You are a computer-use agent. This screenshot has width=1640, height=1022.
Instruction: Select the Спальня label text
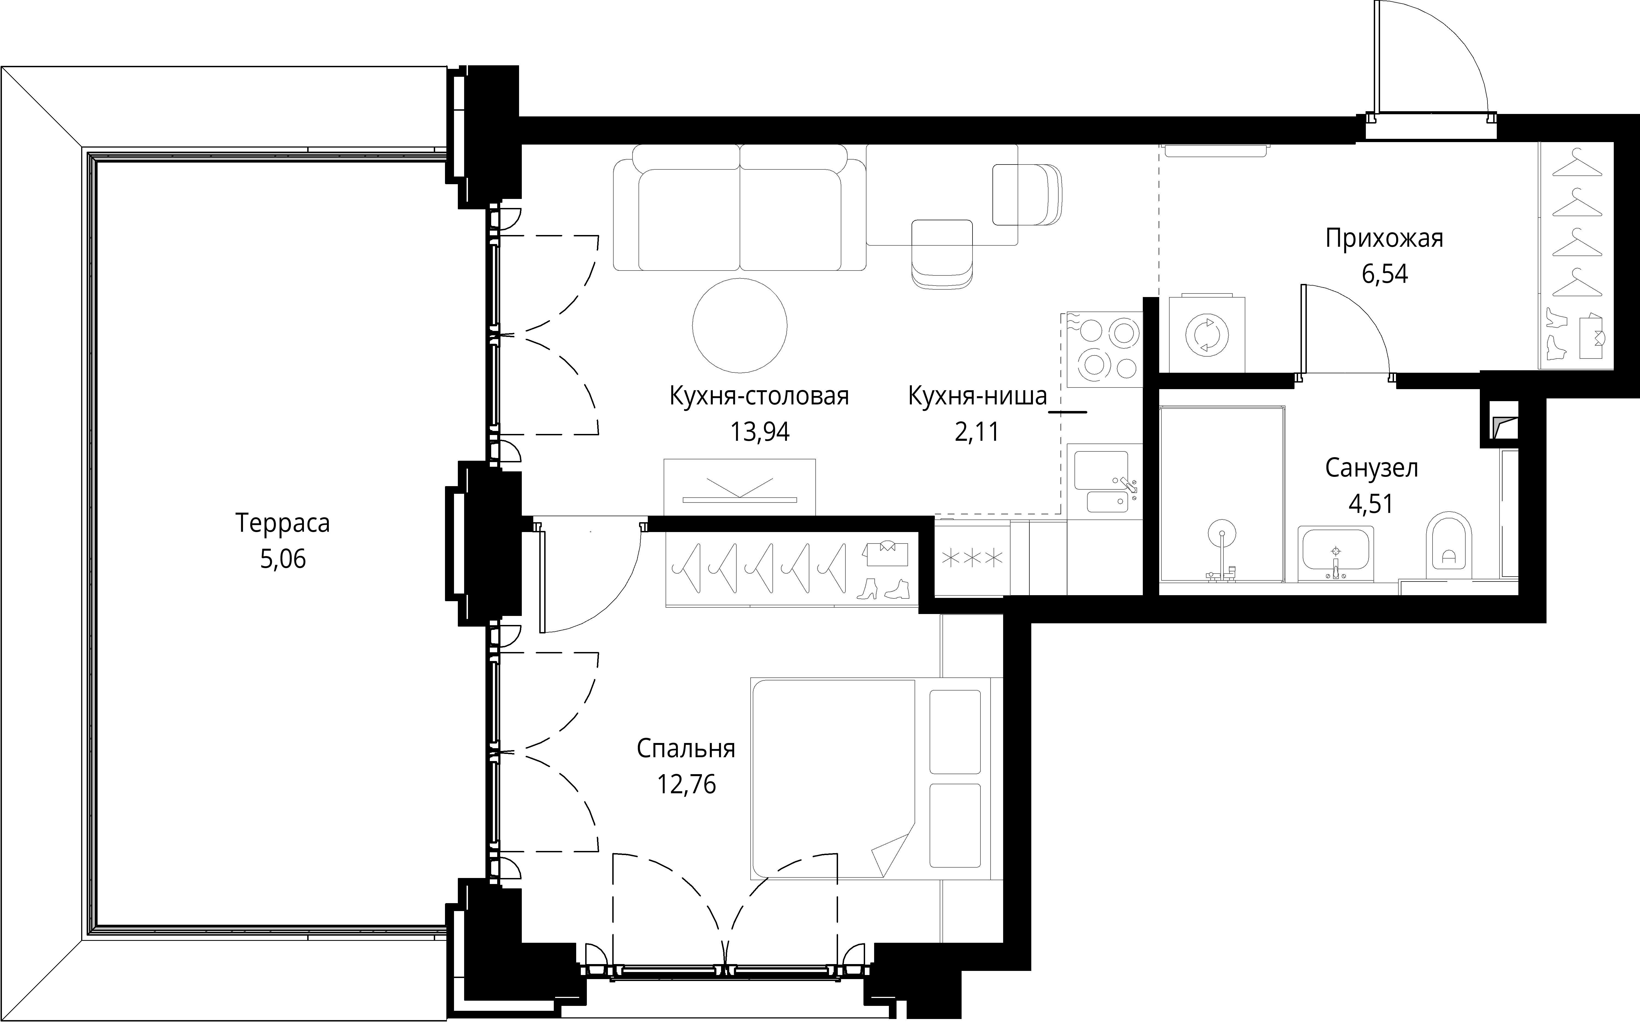[686, 749]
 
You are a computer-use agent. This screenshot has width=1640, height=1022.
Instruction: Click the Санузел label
[1372, 468]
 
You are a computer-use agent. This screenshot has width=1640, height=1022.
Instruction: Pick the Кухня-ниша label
[977, 396]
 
